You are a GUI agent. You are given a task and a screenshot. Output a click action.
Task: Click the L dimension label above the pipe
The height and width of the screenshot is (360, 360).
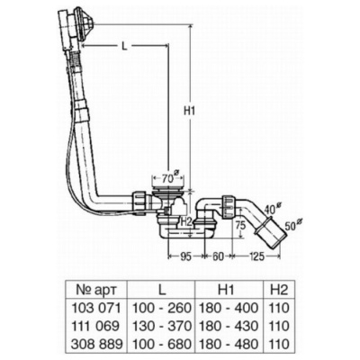[x=124, y=46]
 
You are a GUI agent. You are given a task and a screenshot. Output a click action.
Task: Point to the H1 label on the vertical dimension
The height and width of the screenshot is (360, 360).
[x=190, y=112]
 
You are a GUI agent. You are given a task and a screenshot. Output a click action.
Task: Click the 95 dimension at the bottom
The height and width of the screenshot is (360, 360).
[x=185, y=256]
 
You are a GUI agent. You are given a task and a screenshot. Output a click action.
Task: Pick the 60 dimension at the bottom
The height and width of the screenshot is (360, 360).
[x=218, y=256]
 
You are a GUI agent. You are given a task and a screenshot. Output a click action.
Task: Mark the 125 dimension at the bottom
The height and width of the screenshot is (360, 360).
[x=256, y=256]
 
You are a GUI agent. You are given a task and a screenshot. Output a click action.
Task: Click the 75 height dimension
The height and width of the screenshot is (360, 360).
[x=239, y=225]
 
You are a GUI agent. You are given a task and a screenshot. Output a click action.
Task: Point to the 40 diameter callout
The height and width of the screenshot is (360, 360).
[x=273, y=208]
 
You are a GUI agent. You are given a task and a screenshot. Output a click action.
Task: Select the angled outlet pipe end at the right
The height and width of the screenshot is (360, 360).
[x=269, y=236]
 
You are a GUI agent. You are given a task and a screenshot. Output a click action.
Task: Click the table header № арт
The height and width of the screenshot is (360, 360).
[x=96, y=290]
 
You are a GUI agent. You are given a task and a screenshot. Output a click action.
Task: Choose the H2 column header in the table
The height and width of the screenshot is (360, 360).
[x=279, y=290]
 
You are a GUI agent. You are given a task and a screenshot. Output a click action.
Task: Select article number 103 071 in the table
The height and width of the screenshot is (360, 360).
[x=96, y=308]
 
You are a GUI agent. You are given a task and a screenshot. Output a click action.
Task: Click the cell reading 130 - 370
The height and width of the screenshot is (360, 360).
[x=162, y=326]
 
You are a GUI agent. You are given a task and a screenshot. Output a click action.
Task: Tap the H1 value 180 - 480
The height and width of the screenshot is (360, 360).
[x=229, y=344]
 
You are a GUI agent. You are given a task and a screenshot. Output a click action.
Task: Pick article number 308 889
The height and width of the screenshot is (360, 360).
[x=96, y=344]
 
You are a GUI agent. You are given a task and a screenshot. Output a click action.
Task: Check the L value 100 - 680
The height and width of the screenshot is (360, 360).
[x=162, y=344]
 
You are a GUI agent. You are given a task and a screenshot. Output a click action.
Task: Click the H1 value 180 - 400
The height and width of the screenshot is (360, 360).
[x=229, y=308]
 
